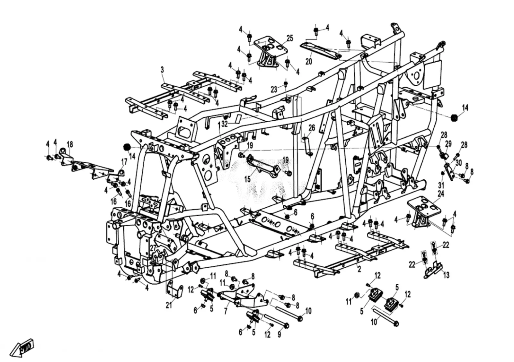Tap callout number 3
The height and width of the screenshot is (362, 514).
[x=163, y=70]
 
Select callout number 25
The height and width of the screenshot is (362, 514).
[x=290, y=38]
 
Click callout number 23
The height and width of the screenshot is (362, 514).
[x=274, y=90]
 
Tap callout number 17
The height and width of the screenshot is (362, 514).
[x=124, y=162]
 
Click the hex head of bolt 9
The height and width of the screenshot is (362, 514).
[x=286, y=326]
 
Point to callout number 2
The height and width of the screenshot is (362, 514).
[x=359, y=269]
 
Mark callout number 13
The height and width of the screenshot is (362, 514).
[x=446, y=275]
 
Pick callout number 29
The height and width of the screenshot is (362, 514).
[x=448, y=144]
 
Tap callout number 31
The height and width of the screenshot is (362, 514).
[x=441, y=185]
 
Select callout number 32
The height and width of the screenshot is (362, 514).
[x=224, y=124]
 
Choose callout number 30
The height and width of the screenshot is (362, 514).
[x=458, y=163]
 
